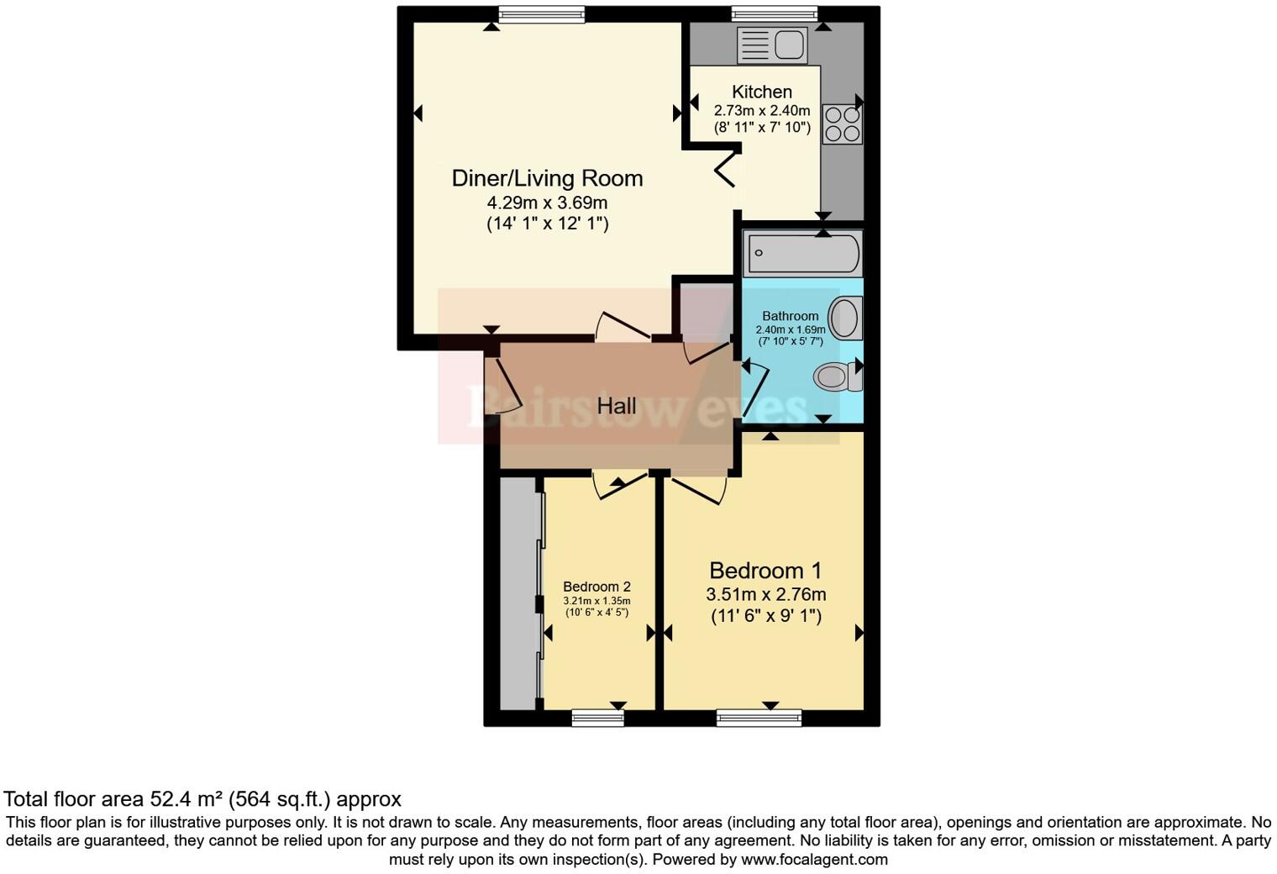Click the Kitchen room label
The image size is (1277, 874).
point(761,92)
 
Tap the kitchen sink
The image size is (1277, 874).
point(772,45)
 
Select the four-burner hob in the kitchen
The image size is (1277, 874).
point(842,124)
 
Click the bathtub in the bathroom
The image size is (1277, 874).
point(802,253)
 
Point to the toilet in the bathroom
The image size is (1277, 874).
point(837,376)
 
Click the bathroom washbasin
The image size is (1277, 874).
point(845,319)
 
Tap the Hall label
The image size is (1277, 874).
point(616,406)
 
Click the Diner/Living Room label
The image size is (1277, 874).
point(547,178)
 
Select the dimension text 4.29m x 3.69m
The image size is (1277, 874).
point(547,203)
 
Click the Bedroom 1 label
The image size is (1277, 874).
point(765,571)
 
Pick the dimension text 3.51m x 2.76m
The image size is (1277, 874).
point(765,594)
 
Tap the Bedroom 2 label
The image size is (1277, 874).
point(596,587)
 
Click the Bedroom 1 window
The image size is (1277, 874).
point(759,717)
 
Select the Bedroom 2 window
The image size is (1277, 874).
point(597,717)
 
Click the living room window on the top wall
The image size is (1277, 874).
point(540,14)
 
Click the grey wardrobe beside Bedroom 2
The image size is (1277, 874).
point(518,593)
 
